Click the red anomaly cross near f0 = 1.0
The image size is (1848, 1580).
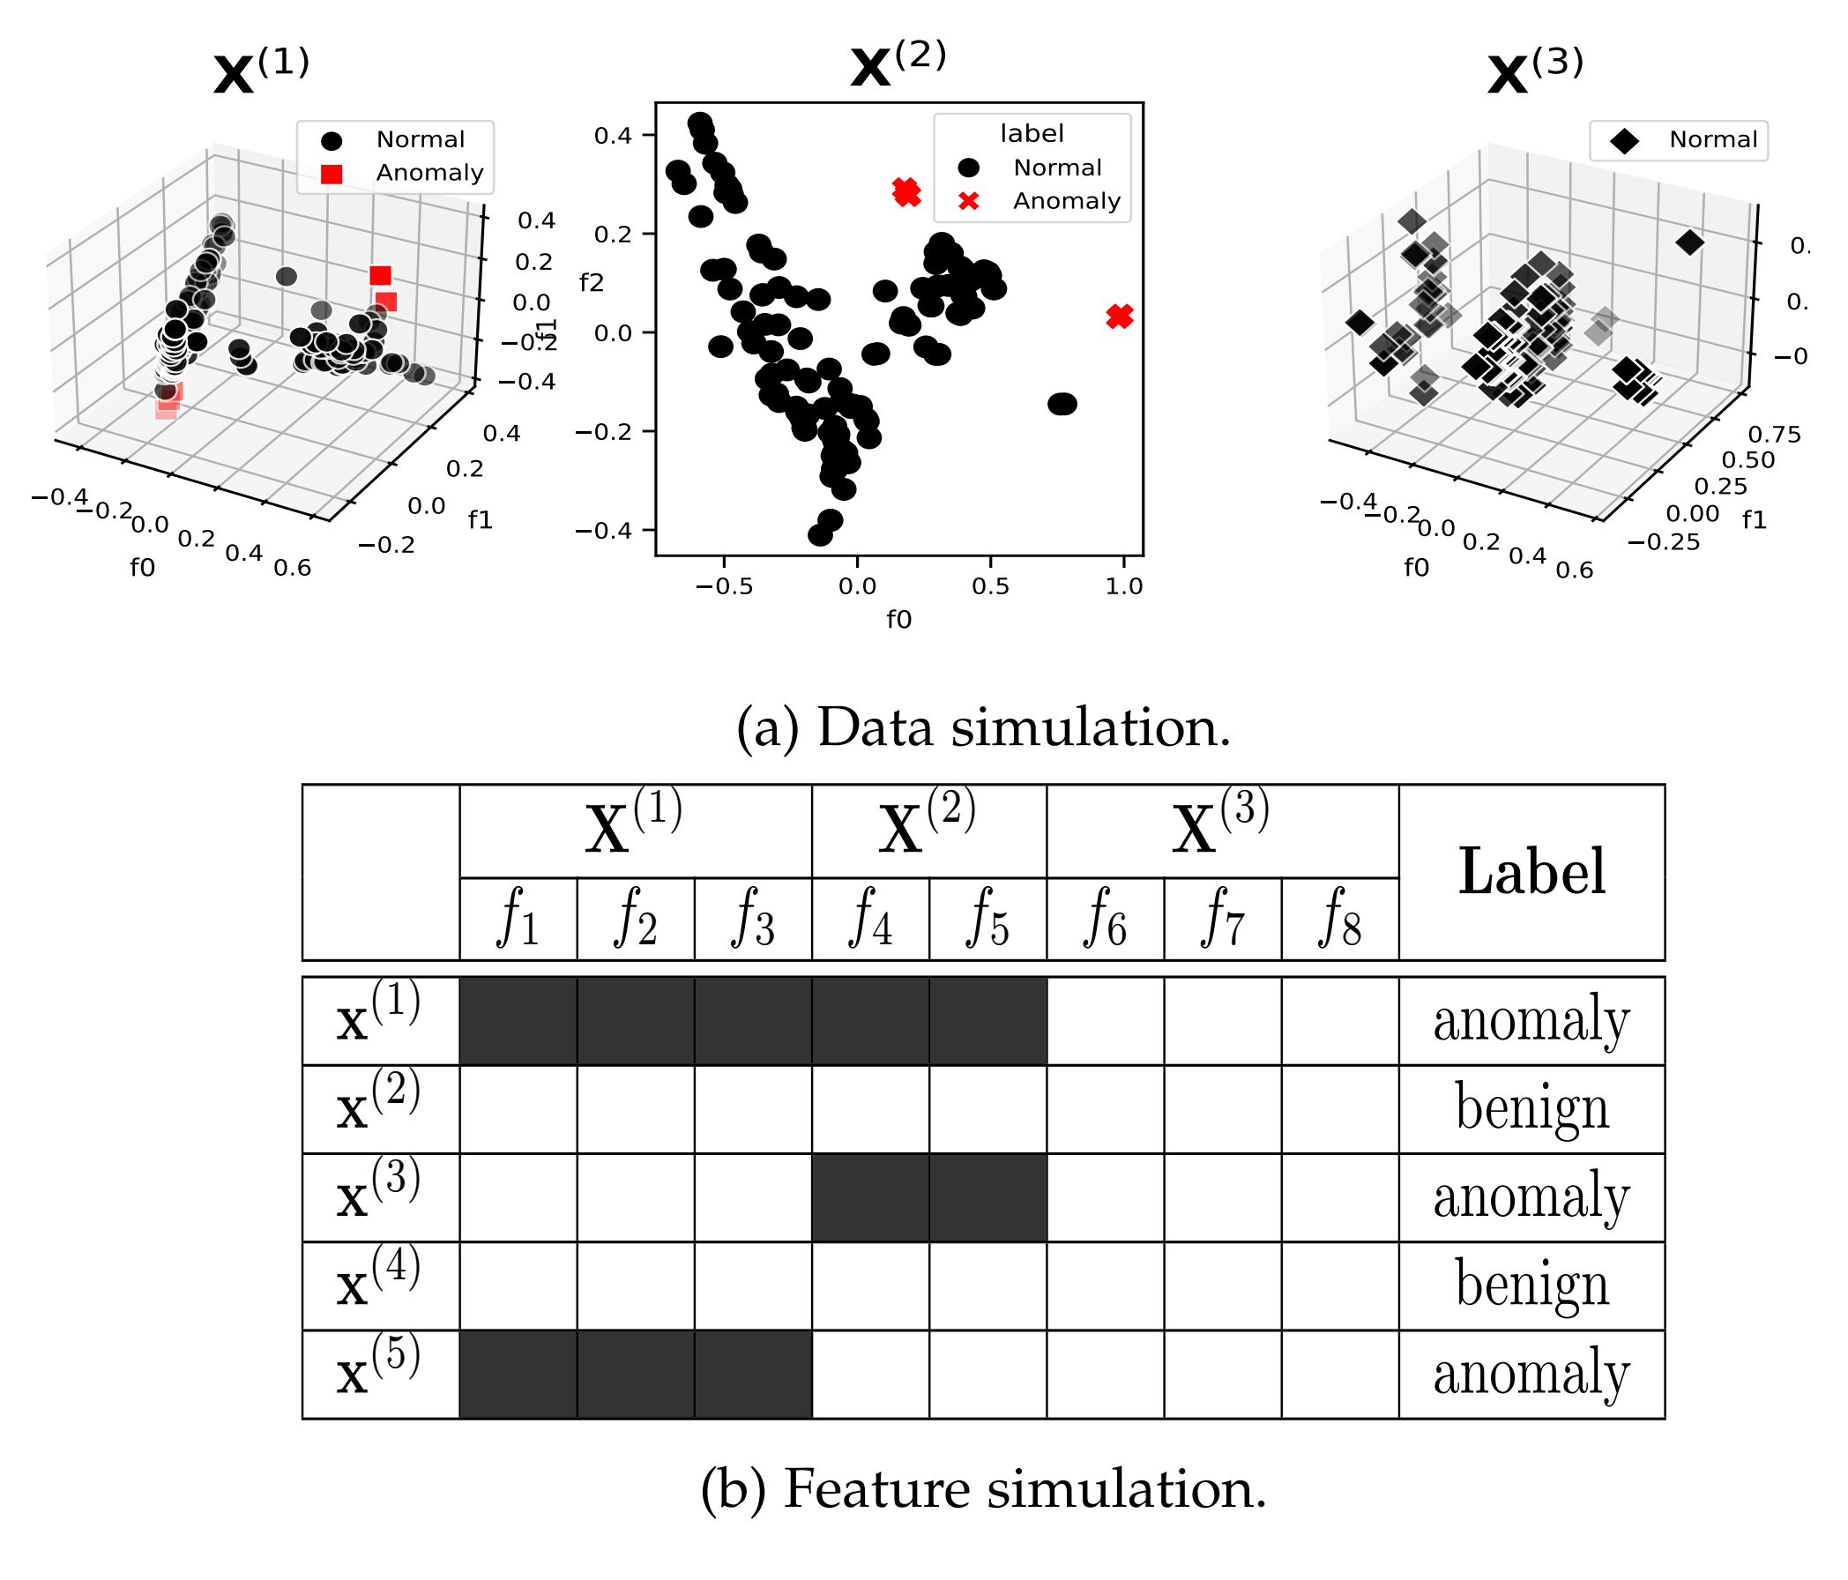1120,316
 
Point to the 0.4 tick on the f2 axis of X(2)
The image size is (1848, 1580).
613,136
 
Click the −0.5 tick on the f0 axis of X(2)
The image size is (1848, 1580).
723,586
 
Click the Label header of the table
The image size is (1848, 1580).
1531,872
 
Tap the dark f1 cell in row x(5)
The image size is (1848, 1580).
518,1373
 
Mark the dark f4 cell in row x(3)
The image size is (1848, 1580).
870,1196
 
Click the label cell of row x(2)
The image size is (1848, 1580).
1531,1108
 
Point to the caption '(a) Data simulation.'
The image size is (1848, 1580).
983,728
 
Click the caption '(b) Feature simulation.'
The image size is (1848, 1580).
983,1489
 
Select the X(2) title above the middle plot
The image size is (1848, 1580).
898,66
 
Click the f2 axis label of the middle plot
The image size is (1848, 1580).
592,283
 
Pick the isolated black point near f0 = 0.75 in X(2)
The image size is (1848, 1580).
1062,404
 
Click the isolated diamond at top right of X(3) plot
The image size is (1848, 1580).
1689,242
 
